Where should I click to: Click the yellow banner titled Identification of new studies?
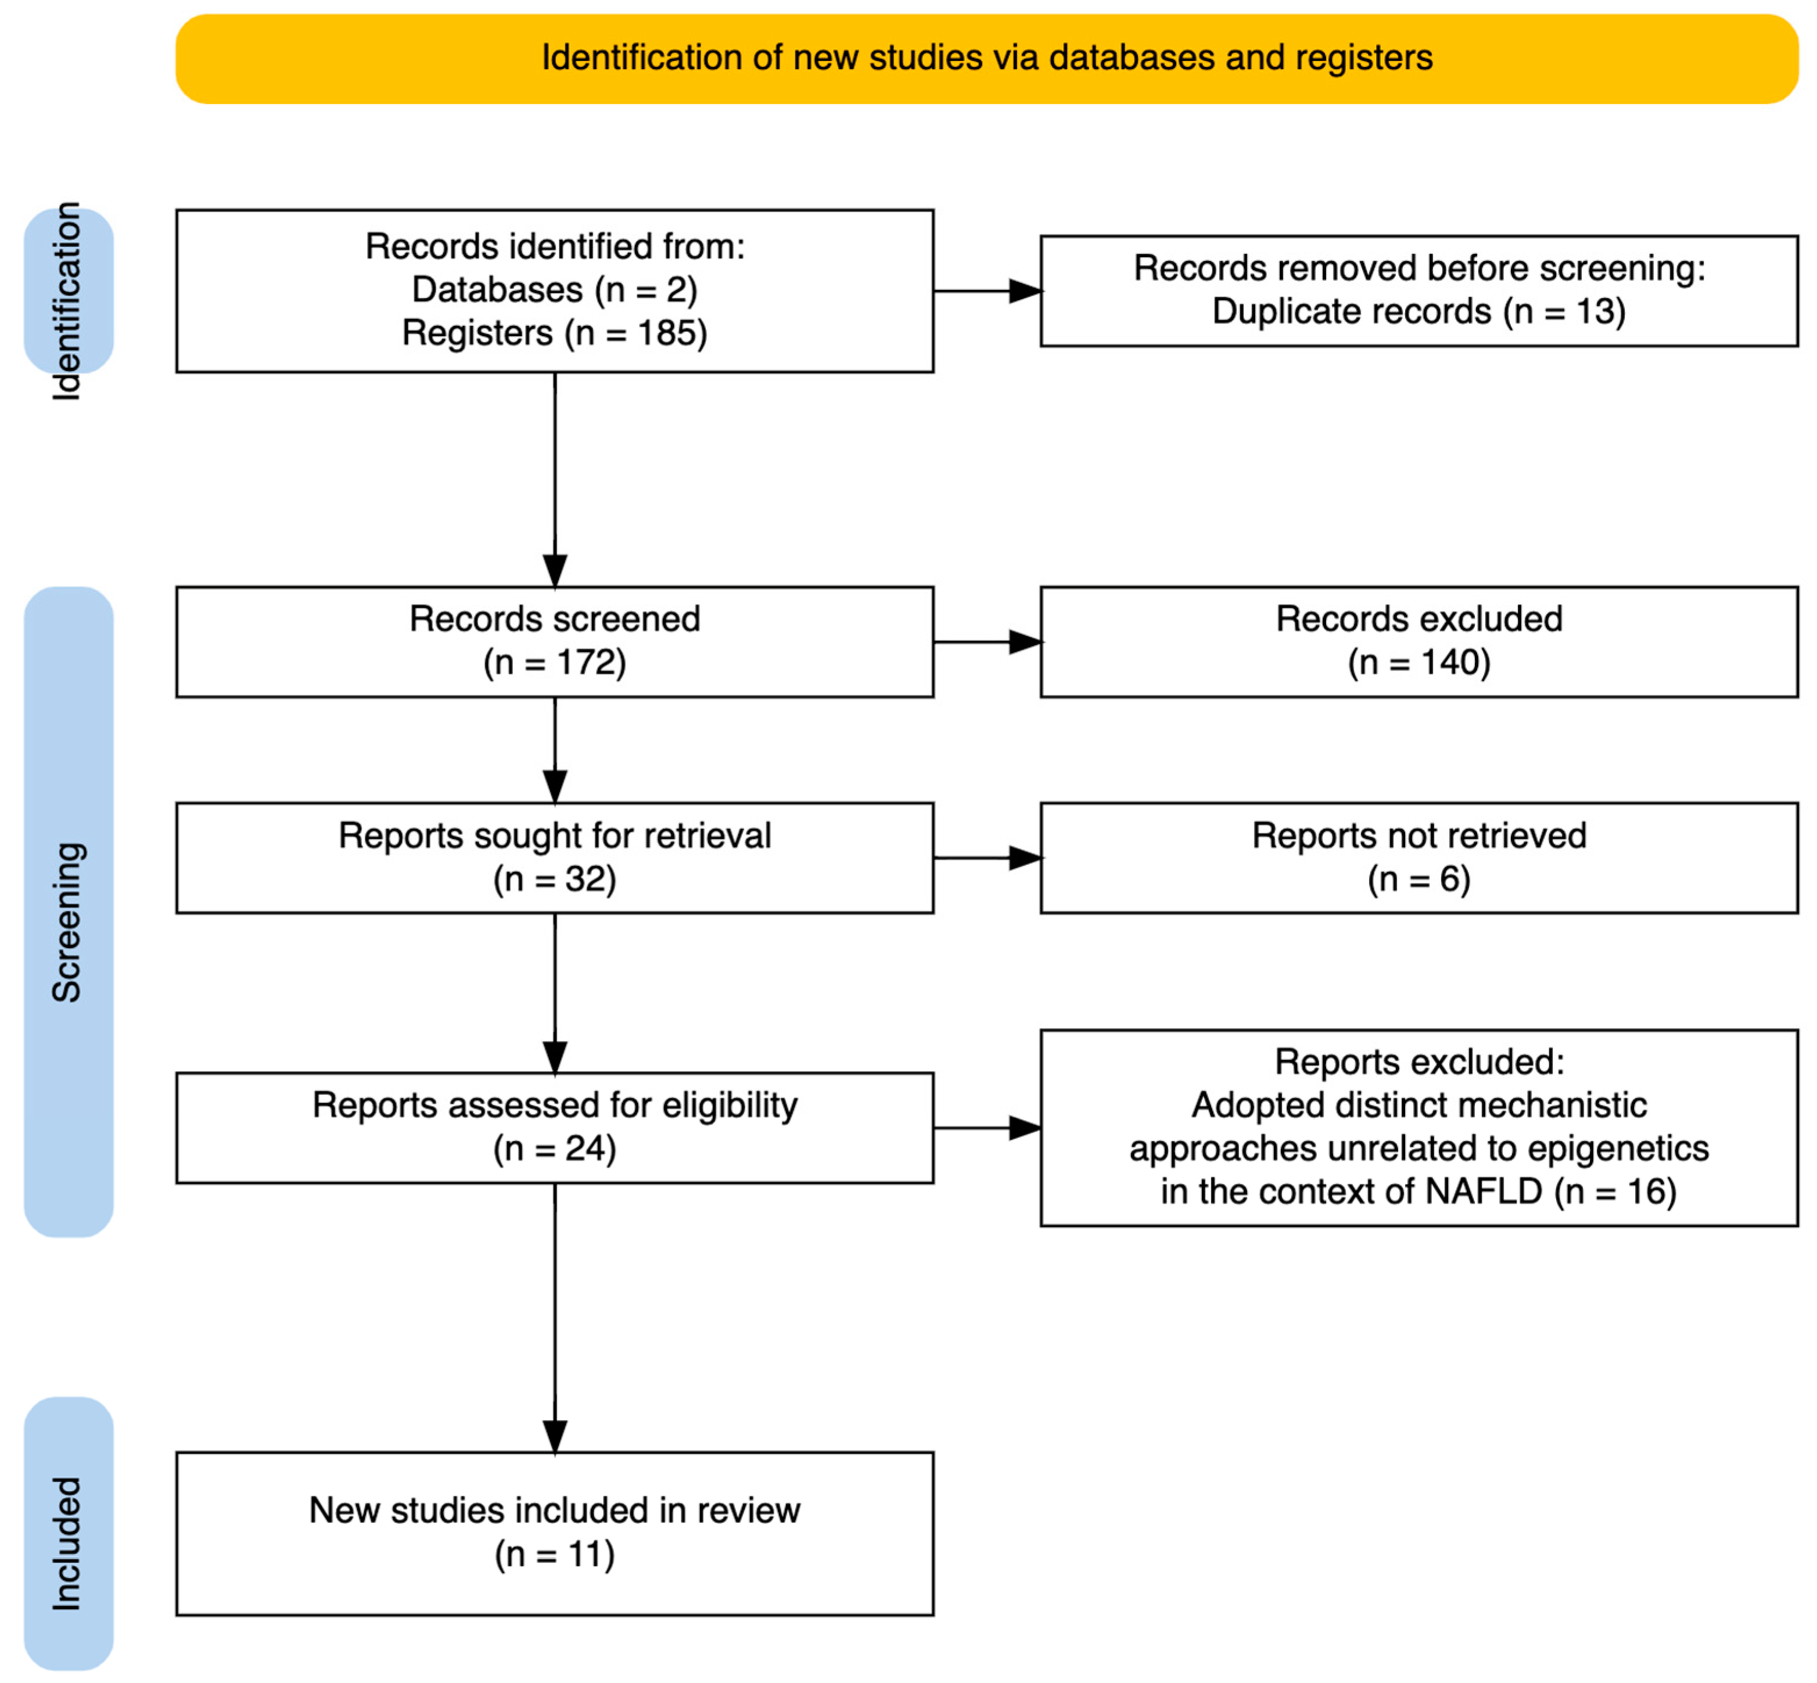click(986, 58)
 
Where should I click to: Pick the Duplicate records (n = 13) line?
click(1418, 311)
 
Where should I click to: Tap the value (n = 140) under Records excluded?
click(1418, 663)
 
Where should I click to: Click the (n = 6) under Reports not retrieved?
click(1418, 880)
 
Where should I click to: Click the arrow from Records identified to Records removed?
click(988, 292)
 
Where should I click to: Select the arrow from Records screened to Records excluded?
click(988, 642)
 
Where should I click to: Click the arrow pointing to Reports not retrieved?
click(988, 858)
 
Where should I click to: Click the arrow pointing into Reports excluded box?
click(988, 1128)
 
